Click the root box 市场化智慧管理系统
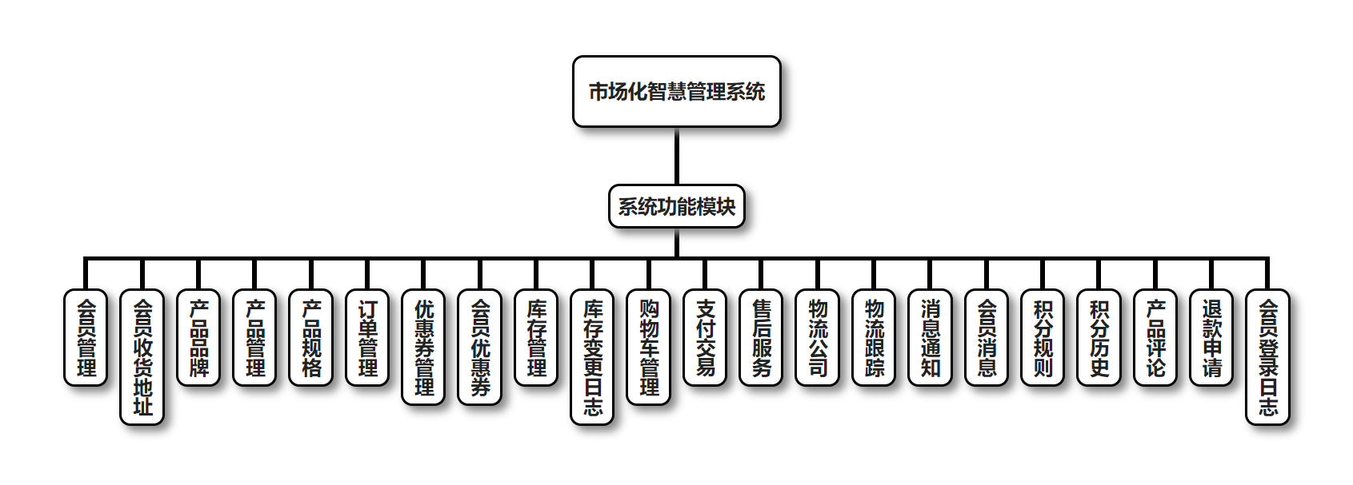click(676, 92)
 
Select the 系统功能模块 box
click(676, 207)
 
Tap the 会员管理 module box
click(86, 337)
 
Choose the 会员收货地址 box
click(142, 356)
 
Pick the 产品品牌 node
click(198, 337)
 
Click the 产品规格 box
click(310, 337)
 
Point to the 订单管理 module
click(367, 337)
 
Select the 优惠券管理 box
click(423, 347)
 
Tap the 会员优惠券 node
click(480, 347)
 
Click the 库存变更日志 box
click(592, 356)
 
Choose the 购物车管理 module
click(649, 347)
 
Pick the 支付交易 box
click(705, 337)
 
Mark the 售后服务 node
click(761, 337)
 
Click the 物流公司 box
click(818, 337)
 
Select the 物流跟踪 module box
click(874, 337)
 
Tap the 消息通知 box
click(931, 337)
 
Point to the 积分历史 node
click(1099, 337)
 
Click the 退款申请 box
click(1211, 337)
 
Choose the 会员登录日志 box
click(1268, 356)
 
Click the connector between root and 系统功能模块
click(676, 157)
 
